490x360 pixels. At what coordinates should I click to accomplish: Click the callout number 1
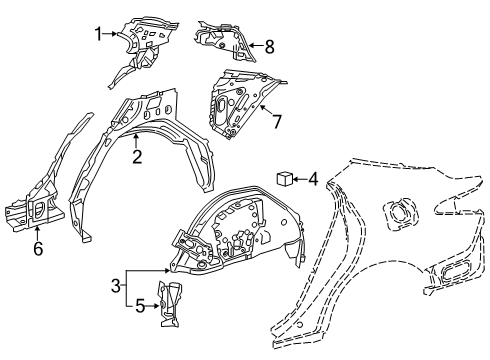99,33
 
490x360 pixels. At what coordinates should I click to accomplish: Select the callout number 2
136,156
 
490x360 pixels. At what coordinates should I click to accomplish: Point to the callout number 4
314,180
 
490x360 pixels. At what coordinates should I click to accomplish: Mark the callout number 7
277,121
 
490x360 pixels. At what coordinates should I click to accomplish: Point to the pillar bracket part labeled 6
40,210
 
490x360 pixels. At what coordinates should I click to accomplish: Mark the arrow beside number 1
111,33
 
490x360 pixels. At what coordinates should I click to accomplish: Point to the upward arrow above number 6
38,233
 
